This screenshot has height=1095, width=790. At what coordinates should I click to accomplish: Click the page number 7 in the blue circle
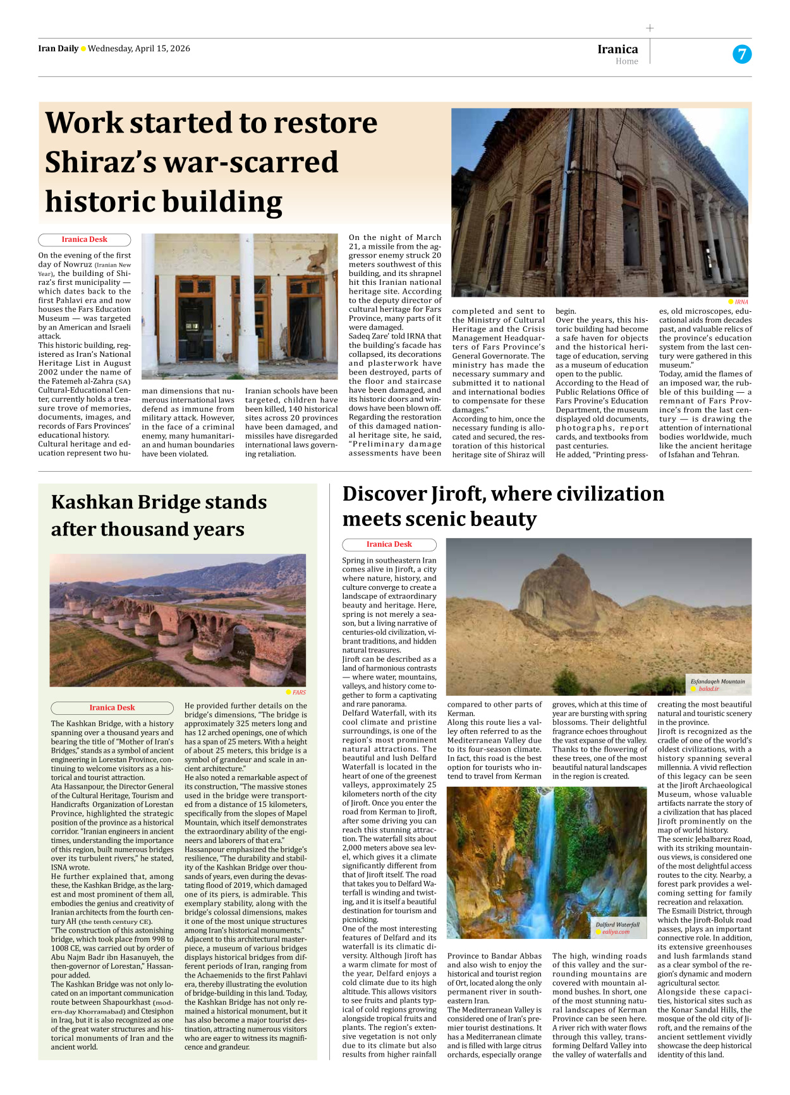tap(742, 54)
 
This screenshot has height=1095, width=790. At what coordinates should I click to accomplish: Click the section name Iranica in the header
tap(617, 49)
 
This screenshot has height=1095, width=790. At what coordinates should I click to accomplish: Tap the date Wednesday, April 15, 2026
tap(139, 49)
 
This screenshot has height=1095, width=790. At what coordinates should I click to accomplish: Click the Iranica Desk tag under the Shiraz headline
tap(84, 240)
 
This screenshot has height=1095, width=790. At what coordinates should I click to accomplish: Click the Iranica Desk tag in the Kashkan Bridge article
tap(112, 708)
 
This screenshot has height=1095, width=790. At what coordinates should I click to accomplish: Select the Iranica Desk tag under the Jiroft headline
tap(389, 544)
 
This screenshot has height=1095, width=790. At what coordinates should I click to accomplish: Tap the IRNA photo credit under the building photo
tap(741, 302)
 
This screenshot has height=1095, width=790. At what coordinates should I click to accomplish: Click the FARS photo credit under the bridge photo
tap(298, 692)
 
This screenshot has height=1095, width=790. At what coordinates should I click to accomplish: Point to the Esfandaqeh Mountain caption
tap(717, 681)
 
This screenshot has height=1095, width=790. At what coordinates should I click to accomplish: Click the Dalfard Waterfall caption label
tap(617, 924)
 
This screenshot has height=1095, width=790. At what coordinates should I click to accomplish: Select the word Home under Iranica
tap(626, 62)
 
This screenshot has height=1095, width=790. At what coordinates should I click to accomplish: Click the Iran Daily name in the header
tap(58, 49)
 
